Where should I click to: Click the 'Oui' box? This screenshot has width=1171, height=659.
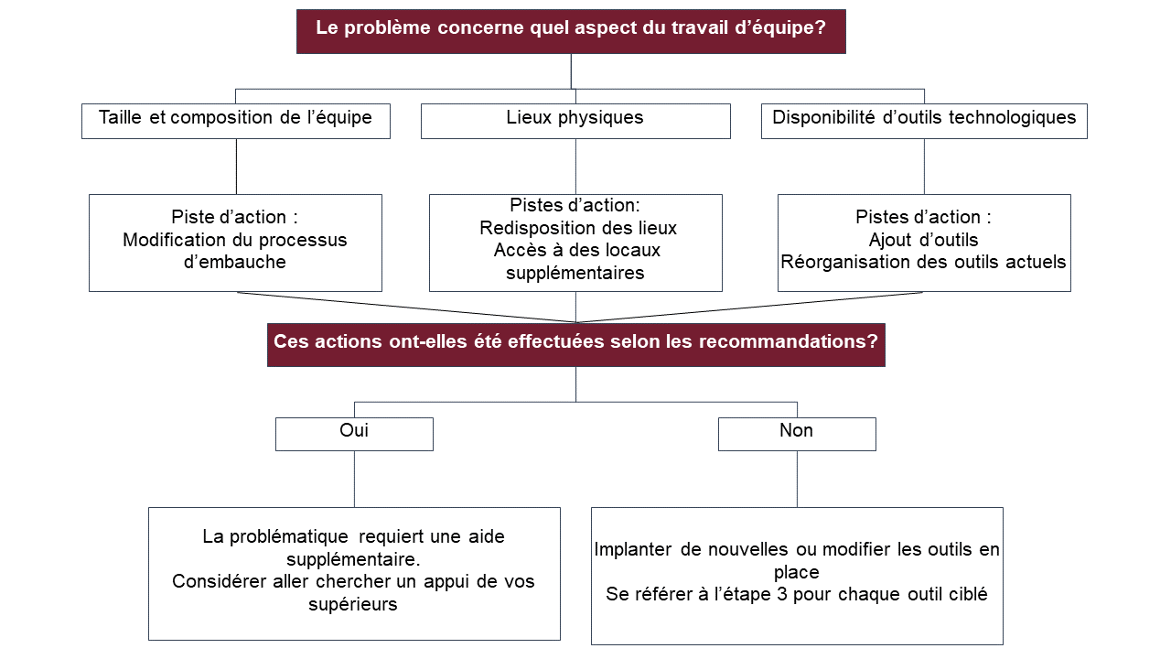click(x=354, y=434)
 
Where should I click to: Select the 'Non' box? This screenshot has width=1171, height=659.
click(x=796, y=434)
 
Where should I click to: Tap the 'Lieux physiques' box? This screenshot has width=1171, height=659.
click(x=575, y=120)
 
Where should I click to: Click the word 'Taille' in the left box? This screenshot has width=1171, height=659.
click(x=122, y=117)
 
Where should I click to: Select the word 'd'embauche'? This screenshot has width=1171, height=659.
click(x=235, y=262)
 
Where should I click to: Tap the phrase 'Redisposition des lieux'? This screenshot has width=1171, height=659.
click(x=578, y=228)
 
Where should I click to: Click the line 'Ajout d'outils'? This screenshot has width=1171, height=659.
click(x=923, y=240)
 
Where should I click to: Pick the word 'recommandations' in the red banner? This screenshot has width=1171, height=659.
click(x=781, y=341)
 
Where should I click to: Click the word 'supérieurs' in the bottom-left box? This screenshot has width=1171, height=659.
click(x=353, y=604)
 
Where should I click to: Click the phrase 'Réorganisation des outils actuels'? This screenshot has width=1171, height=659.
click(x=923, y=262)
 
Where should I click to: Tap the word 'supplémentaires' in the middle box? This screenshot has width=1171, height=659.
click(x=575, y=273)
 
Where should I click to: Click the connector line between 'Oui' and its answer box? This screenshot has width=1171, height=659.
click(x=354, y=479)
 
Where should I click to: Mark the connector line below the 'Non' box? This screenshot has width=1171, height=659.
click(x=797, y=479)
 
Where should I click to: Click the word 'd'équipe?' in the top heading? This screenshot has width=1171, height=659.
click(x=782, y=27)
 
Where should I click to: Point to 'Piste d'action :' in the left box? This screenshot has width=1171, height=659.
click(x=235, y=218)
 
